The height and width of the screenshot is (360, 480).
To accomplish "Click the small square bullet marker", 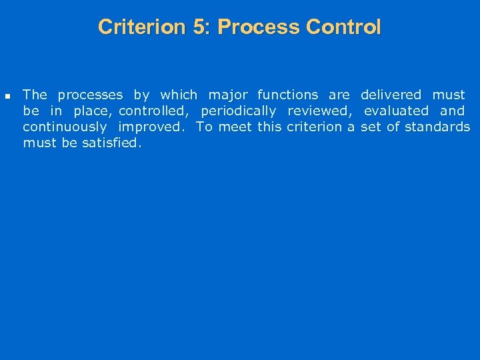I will click(8, 96).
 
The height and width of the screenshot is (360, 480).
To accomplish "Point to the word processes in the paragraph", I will click(90, 95).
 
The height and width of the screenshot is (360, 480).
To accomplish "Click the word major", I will click(228, 95).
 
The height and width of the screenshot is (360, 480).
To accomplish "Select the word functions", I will click(287, 95).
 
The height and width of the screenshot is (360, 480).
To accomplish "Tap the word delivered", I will click(391, 95).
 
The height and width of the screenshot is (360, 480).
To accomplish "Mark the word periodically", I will click(238, 111).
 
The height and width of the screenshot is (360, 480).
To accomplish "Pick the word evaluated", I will click(396, 111).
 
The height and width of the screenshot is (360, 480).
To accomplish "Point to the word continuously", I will click(65, 127).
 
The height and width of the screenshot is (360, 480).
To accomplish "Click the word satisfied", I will click(111, 143).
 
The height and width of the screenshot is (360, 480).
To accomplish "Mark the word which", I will click(179, 95).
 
